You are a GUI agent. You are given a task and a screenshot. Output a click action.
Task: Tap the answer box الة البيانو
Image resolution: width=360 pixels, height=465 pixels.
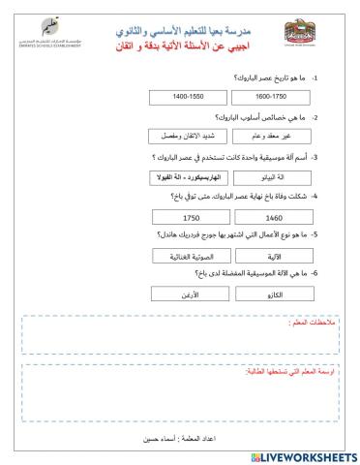click(x=266, y=177)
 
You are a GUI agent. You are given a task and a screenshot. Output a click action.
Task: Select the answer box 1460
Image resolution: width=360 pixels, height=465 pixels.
click(x=266, y=218)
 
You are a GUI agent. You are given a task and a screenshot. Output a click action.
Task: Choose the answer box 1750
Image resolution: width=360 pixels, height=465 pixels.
click(x=185, y=218)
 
